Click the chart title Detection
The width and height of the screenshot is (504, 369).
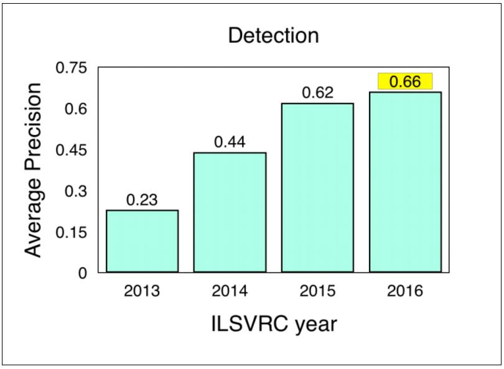point(273,35)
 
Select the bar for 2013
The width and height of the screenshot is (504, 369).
point(142,241)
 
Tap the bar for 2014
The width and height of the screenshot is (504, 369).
point(230,212)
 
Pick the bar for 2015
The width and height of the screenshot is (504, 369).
point(317,187)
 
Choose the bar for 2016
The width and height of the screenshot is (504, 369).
point(405,182)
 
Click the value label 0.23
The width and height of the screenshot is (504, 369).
point(142,200)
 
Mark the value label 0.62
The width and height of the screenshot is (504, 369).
point(318,93)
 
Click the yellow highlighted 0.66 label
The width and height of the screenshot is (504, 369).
point(405,82)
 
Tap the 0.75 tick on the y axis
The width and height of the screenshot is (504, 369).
point(72,68)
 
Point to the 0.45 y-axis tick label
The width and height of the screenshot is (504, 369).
point(72,151)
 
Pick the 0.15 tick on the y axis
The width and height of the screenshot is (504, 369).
point(72,233)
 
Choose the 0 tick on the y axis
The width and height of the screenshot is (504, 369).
point(84,273)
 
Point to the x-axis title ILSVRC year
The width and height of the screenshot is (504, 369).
point(273,324)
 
